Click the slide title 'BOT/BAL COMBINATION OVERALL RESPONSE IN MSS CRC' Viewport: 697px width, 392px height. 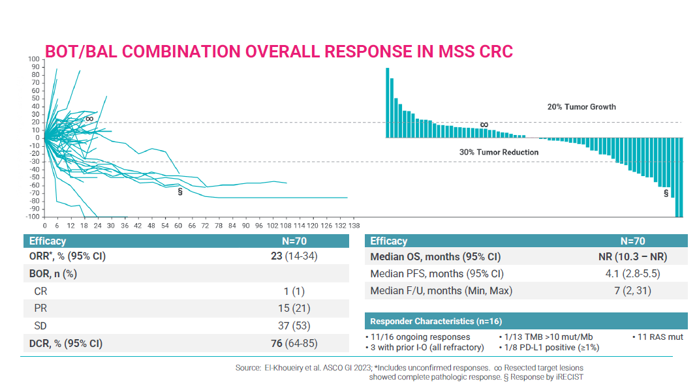pos(279,52)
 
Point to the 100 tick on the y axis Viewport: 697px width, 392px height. pos(33,60)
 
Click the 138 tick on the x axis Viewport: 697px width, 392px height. pos(354,226)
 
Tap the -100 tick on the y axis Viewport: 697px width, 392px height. pos(32,217)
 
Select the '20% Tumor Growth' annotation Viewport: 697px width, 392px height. pos(581,107)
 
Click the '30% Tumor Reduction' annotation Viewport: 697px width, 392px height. pos(499,153)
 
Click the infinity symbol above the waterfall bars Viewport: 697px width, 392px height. pos(484,125)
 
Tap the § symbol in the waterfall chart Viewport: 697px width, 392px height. pos(666,193)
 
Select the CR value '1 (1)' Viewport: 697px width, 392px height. pos(298,292)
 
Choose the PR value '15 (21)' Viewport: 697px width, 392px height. pos(298,309)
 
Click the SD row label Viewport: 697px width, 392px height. pos(40,325)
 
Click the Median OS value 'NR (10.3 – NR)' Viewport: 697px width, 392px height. pos(632,257)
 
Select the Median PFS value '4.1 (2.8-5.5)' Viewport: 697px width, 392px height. pos(632,274)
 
